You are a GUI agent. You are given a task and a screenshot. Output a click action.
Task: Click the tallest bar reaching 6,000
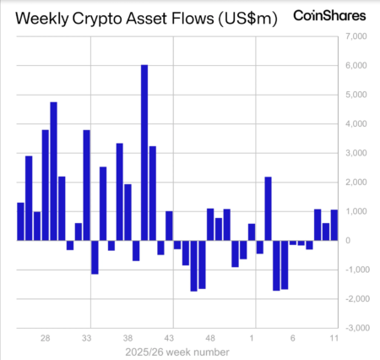click(x=144, y=152)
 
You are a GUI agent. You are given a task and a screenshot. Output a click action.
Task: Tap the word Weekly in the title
click(x=47, y=18)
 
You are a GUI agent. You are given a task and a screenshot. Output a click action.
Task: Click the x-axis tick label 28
click(x=46, y=337)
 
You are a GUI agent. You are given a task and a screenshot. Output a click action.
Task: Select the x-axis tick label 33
click(x=87, y=337)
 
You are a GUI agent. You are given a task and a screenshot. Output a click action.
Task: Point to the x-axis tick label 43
click(x=169, y=337)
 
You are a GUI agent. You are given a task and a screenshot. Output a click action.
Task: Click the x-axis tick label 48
click(x=210, y=337)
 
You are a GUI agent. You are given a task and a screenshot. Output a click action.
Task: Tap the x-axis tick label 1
click(x=252, y=337)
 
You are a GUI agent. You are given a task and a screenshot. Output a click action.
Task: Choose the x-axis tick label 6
click(x=292, y=337)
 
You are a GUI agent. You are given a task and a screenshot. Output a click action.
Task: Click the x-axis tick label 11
click(x=334, y=337)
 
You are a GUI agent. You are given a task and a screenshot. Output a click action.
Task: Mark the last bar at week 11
click(x=334, y=225)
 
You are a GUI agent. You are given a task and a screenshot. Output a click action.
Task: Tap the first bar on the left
click(x=20, y=221)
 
